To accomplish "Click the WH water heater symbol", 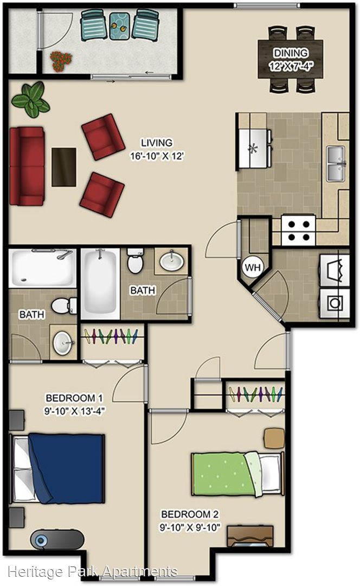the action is tap(253, 267).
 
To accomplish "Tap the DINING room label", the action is tap(291, 53).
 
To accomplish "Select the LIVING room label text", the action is tap(157, 143).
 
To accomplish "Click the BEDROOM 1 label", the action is tap(74, 398).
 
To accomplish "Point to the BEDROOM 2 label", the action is tap(190, 514).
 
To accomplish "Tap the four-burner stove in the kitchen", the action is tap(299, 230).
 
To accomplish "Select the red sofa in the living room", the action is tap(27, 167).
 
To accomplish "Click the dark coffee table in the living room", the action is tap(64, 167).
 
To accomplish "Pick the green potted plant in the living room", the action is tap(30, 99).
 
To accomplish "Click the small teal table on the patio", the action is tap(119, 26).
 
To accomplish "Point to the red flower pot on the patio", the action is tap(61, 61).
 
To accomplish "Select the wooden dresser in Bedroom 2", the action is tap(250, 536).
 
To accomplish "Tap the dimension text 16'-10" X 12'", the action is tap(157, 156).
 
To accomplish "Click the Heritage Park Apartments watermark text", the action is tap(92, 571).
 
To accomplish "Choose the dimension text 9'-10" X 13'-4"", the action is tap(74, 411).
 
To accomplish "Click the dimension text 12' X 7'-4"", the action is tap(291, 67).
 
